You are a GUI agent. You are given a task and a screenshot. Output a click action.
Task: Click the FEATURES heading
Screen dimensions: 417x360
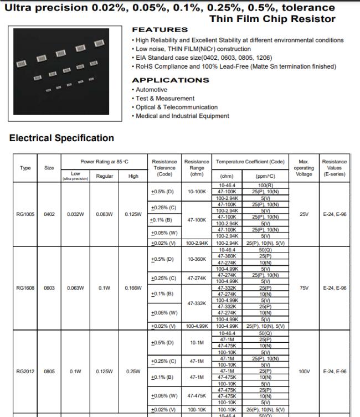[160, 30]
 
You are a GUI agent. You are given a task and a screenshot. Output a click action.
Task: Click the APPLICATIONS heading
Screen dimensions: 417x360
[170, 80]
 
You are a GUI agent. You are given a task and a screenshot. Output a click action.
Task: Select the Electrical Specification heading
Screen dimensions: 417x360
[61, 138]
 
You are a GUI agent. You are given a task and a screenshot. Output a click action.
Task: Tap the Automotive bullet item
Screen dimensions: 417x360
[151, 90]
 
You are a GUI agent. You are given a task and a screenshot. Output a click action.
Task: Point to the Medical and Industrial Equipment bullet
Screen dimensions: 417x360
[182, 116]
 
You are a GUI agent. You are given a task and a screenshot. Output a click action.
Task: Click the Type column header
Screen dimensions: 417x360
[25, 168]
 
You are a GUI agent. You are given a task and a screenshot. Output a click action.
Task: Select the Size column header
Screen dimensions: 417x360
[49, 168]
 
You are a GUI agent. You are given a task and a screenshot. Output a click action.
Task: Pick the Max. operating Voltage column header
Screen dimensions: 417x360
[304, 168]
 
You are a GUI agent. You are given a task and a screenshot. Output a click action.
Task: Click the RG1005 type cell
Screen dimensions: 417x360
[25, 214]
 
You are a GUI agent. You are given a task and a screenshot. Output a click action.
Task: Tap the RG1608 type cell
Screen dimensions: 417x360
[25, 288]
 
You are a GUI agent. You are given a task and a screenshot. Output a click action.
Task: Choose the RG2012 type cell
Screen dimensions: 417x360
[25, 372]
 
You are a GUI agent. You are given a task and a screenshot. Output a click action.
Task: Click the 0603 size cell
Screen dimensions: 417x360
[49, 288]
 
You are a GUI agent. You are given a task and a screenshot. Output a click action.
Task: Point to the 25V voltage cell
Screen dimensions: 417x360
[304, 214]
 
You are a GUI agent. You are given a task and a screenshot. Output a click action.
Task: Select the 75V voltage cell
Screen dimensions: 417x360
[304, 288]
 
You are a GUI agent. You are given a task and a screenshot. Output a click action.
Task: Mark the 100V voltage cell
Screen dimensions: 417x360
[304, 372]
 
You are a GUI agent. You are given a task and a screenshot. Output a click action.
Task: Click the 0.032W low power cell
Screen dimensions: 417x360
[75, 214]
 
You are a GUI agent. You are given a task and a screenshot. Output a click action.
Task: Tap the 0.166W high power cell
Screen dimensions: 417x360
[133, 288]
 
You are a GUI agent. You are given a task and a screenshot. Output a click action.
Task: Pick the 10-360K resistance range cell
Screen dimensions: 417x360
[197, 259]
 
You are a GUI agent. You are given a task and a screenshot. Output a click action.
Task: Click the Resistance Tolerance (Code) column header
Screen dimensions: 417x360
[164, 168]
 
